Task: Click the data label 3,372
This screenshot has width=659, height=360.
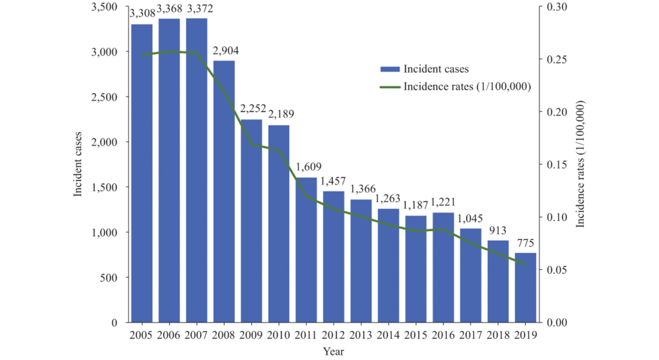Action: tap(197, 8)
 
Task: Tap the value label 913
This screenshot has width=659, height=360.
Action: tap(498, 230)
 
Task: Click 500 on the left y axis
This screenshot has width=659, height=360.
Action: tap(114, 278)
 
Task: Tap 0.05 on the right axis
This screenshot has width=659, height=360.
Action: tap(557, 270)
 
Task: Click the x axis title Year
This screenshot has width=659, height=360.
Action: tap(333, 352)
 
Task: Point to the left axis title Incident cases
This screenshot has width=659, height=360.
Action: tap(79, 164)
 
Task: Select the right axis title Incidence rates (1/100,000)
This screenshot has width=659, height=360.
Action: tap(581, 164)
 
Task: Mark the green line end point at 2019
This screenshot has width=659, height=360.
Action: tap(526, 265)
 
